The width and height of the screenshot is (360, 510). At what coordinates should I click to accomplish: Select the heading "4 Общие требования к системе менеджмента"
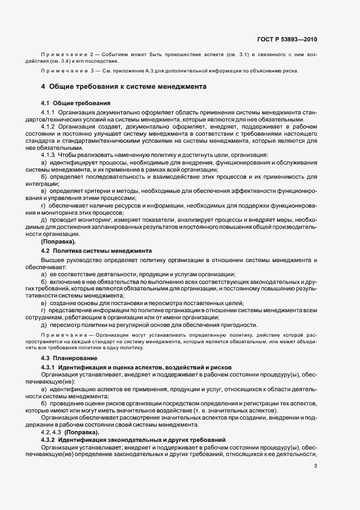[x=123, y=86]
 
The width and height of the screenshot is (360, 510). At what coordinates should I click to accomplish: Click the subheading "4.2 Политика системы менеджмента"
[x=96, y=251]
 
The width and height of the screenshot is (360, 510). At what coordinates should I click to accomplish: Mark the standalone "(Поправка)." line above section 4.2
[x=59, y=241]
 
